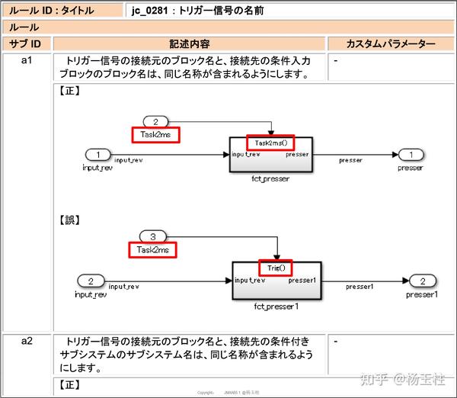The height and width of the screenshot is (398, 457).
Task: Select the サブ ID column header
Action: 29,43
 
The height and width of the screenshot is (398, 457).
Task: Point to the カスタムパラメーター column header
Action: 391,43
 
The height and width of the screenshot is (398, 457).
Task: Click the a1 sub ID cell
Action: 29,60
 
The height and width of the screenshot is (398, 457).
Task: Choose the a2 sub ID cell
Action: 29,341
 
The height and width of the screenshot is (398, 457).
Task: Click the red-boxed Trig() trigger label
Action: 276,268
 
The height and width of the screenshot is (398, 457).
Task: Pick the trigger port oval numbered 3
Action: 152,236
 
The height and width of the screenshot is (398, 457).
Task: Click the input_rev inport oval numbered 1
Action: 97,154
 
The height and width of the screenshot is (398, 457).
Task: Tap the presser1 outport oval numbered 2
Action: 421,281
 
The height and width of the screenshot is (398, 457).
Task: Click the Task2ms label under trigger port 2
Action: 155,134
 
